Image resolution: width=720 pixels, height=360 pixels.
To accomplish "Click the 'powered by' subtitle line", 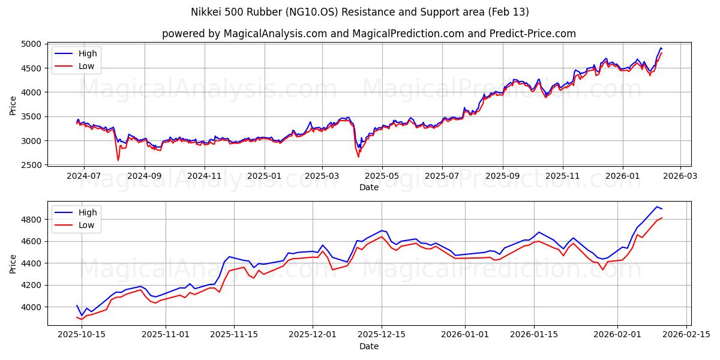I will (368, 34).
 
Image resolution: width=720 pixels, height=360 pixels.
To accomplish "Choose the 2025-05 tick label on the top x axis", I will (382, 176).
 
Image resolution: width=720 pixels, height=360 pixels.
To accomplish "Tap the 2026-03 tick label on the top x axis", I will (680, 176).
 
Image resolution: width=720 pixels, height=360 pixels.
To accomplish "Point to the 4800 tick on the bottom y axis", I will (31, 220).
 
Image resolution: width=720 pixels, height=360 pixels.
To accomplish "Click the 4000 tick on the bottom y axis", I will (31, 307).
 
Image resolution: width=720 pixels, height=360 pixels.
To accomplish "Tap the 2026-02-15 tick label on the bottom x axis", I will (685, 335).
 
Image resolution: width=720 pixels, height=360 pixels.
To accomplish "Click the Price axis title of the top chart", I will (13, 104).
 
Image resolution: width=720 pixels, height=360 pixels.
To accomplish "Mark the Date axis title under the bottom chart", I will (368, 346).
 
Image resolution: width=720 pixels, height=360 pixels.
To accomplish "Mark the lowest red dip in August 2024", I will (118, 160).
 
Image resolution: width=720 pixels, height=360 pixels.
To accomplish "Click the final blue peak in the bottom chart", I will (656, 206).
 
